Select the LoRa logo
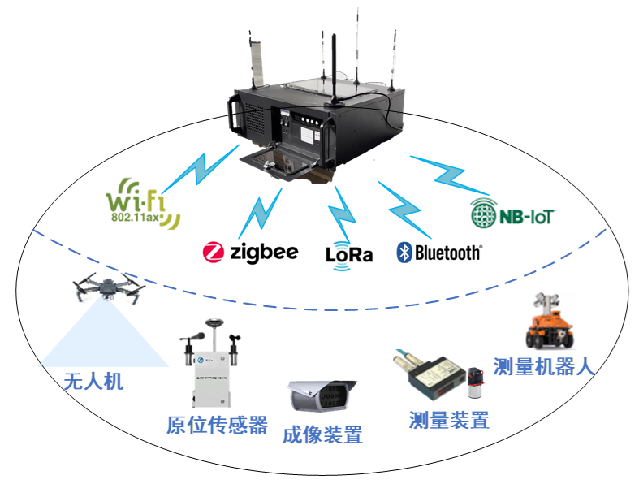(349, 253)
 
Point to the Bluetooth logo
(439, 253)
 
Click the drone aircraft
(106, 286)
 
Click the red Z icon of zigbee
(213, 253)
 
